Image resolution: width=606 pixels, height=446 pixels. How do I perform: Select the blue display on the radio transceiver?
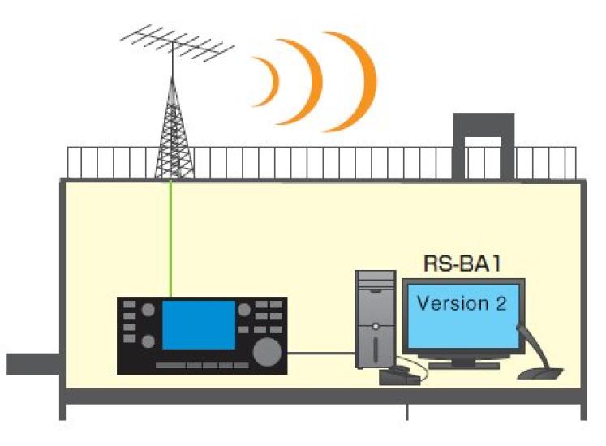[x=199, y=324]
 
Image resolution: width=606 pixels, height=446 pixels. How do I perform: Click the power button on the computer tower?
[x=376, y=325]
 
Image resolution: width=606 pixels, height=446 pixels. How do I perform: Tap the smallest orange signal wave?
[x=269, y=81]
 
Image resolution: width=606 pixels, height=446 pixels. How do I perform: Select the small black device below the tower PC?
[x=399, y=375]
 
